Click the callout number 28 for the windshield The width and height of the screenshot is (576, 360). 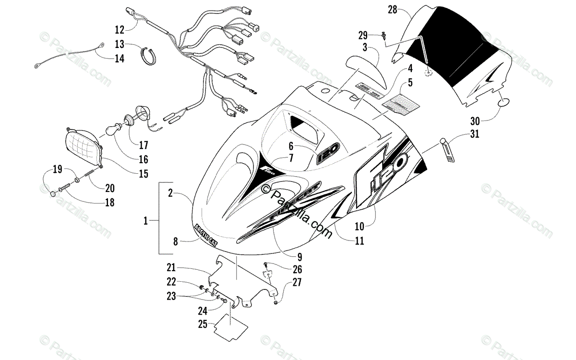pyautogui.click(x=392, y=10)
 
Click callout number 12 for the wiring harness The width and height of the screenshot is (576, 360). pyautogui.click(x=119, y=28)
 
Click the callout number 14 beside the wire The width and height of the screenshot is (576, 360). pyautogui.click(x=119, y=59)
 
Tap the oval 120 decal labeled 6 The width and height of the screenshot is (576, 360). pyautogui.click(x=329, y=156)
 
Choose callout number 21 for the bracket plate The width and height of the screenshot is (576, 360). pyautogui.click(x=171, y=267)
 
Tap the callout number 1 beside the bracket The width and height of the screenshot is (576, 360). pyautogui.click(x=146, y=221)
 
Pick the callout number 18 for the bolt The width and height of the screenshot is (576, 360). pyautogui.click(x=109, y=202)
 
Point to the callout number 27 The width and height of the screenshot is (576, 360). pyautogui.click(x=297, y=283)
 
